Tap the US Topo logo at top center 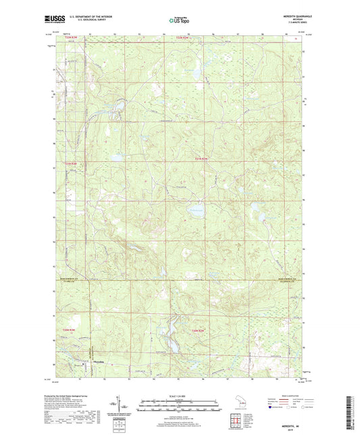pos(179,20)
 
